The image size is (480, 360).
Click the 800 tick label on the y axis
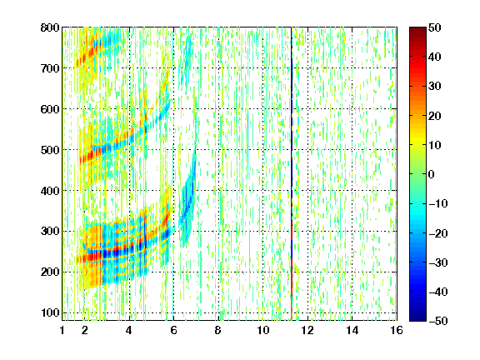pos(50,27)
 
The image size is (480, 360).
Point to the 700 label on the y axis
pos(50,68)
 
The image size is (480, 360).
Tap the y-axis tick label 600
pos(50,109)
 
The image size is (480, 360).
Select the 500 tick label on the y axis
pos(50,150)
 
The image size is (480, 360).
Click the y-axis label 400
pos(50,191)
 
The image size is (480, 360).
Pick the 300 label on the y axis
pos(50,232)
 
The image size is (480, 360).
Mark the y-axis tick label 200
pos(50,272)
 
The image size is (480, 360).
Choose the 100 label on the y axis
pos(50,312)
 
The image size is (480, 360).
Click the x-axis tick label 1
pos(62,330)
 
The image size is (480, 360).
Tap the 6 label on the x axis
pos(173,330)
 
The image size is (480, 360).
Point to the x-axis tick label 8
pos(218,330)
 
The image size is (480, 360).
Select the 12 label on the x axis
pos(307,330)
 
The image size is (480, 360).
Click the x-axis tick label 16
pos(397,330)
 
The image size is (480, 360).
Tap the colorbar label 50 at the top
pos(435,27)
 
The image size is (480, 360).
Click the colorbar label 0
pos(432,174)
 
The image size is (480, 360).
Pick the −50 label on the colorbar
pos(438,321)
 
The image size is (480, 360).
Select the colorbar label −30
pos(438,262)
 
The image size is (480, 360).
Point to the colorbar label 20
pos(435,116)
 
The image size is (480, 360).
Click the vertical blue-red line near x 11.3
pos(292,174)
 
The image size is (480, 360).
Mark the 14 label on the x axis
pos(352,330)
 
